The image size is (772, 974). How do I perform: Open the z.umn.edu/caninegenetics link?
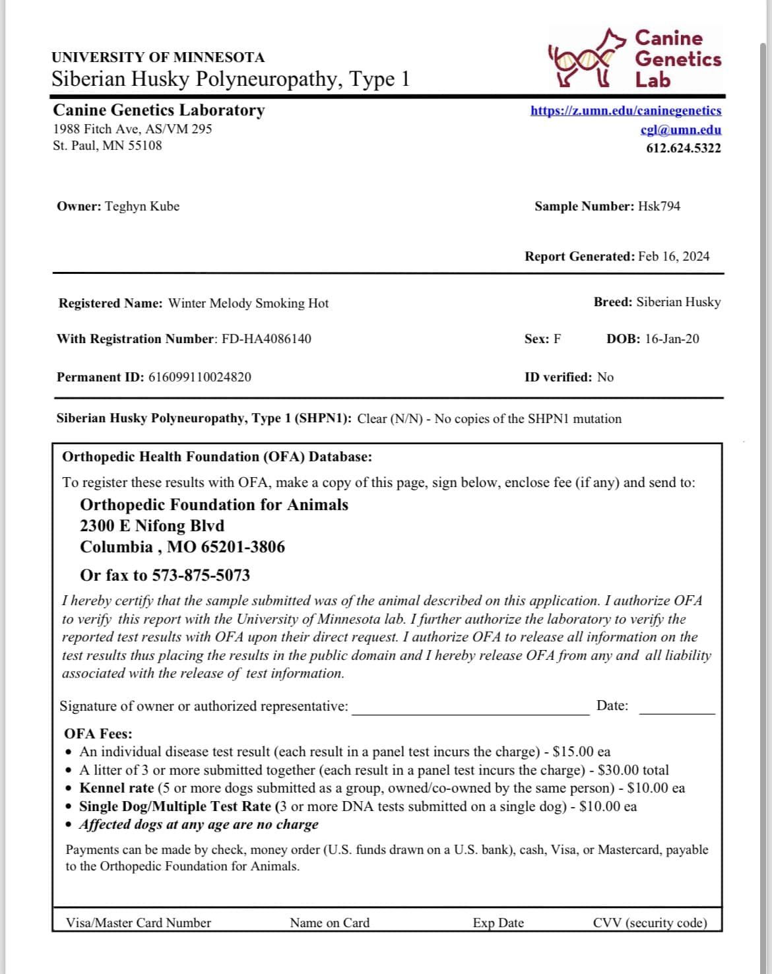[x=626, y=111]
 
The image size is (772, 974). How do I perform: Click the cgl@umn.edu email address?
[x=680, y=130]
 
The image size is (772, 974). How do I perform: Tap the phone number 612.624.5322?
[x=683, y=148]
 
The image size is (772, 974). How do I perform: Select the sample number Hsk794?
[x=659, y=207]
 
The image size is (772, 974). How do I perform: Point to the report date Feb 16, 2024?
[x=674, y=257]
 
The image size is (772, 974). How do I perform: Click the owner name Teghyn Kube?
[x=142, y=207]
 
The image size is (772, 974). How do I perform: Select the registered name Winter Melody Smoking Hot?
[x=248, y=304]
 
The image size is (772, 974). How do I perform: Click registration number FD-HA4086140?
[x=267, y=339]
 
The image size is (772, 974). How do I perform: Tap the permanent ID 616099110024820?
[x=199, y=377]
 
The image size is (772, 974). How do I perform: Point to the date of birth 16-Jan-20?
[x=672, y=339]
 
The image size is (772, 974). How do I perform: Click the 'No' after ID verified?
[x=605, y=377]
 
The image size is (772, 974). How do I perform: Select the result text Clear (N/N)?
[x=389, y=419]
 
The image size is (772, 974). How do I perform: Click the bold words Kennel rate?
[x=116, y=789]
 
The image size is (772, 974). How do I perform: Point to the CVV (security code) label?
[x=649, y=923]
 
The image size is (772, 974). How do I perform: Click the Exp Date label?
[x=498, y=923]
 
